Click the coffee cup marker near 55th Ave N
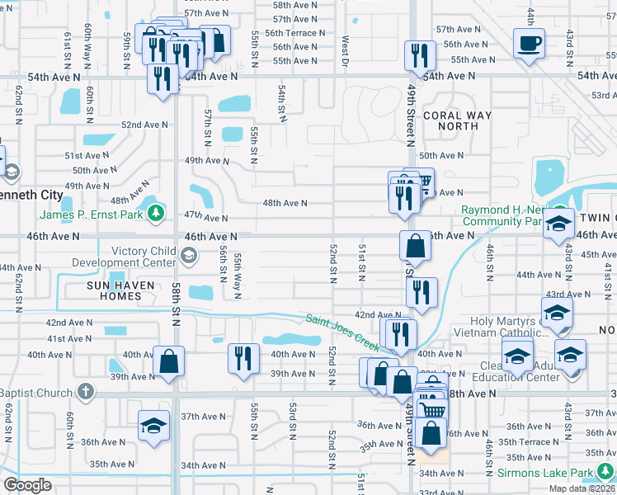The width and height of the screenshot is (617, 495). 529,43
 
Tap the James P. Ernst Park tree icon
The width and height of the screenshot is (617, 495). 155,215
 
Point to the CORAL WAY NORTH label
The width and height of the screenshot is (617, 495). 457,121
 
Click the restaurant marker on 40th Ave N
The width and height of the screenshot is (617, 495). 243,358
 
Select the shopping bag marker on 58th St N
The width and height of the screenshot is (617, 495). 168,361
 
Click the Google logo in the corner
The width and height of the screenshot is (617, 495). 27,485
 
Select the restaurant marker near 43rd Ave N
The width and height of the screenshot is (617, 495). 422,292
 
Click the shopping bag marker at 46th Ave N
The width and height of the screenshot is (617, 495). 416,246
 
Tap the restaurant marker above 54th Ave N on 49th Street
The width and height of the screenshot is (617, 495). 420,55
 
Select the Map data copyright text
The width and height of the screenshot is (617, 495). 582,489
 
